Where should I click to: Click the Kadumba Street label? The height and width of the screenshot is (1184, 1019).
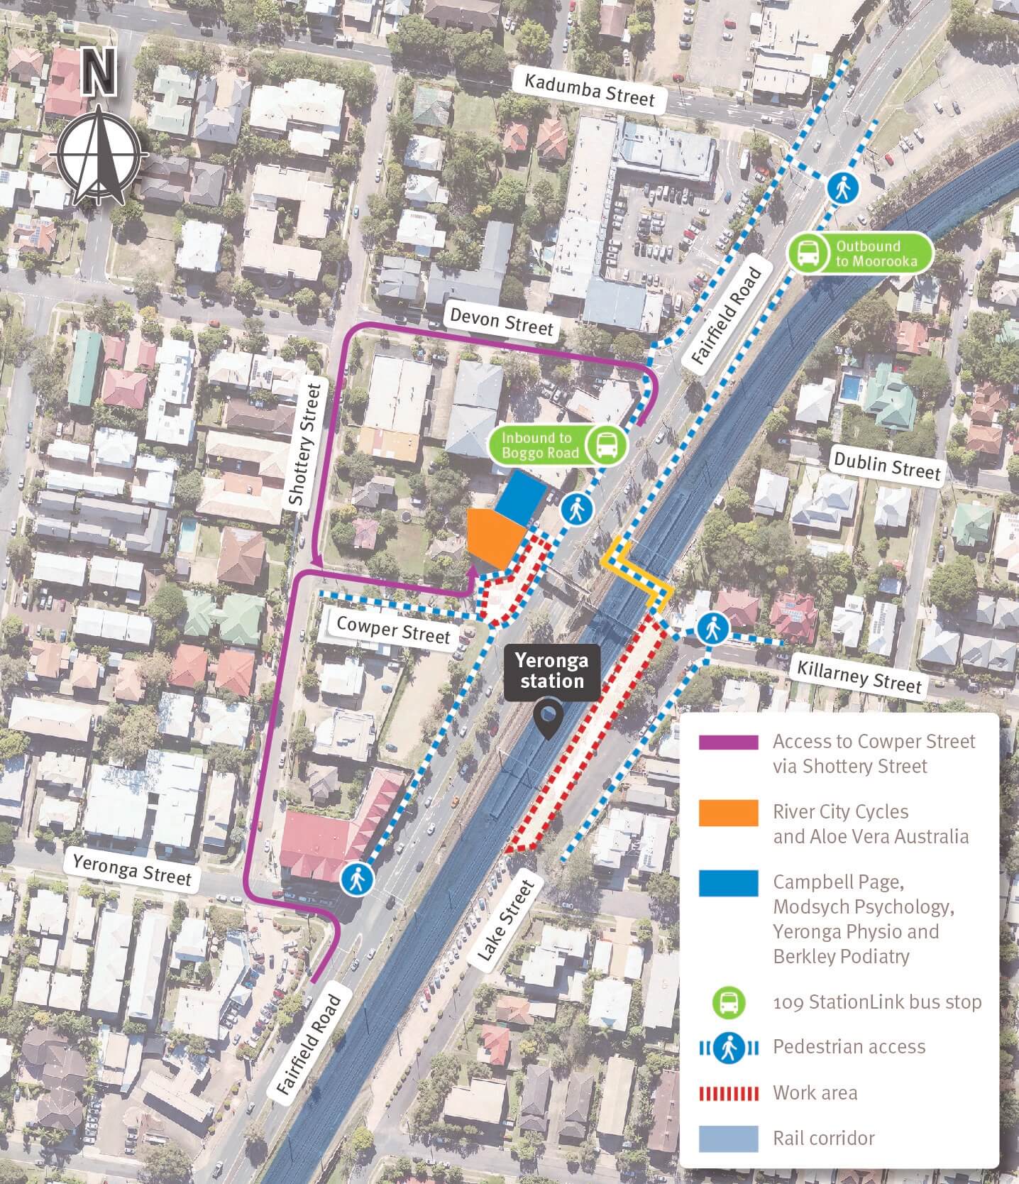coord(589,90)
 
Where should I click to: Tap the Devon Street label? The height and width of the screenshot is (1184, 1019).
coord(502,322)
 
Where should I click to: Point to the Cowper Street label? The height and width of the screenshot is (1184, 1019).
coord(393,629)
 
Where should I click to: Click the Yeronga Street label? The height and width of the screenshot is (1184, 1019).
coord(132,868)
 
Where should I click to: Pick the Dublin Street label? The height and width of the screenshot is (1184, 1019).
coord(887,466)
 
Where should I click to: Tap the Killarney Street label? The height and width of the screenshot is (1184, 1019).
coord(859,674)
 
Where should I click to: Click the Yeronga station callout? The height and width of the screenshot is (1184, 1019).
coord(551,672)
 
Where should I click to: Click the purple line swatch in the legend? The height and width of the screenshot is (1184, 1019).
coord(728,742)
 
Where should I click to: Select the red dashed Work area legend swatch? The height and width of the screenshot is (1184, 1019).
coord(728,1092)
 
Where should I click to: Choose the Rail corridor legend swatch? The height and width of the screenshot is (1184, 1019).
coord(728,1138)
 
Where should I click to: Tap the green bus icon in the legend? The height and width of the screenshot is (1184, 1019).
coord(729,1003)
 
